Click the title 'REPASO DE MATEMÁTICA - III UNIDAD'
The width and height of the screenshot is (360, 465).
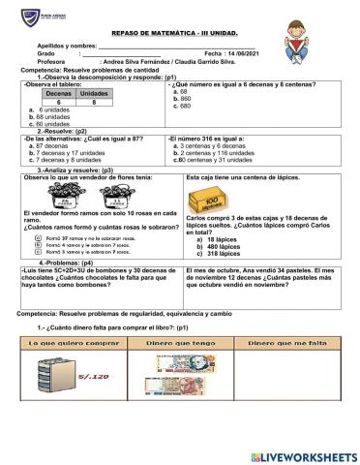[x=179, y=31]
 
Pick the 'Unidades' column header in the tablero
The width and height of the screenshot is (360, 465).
[x=93, y=93]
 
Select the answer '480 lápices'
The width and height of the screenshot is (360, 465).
[x=228, y=246]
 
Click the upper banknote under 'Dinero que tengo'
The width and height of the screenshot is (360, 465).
[x=182, y=360]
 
